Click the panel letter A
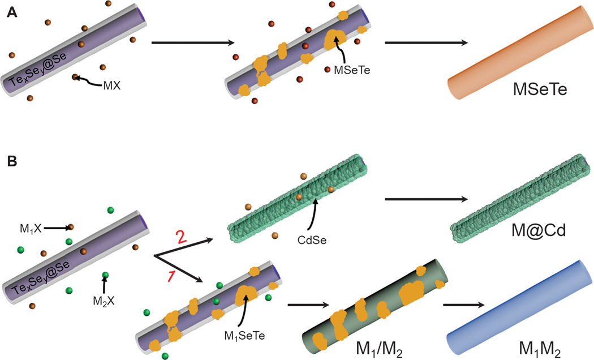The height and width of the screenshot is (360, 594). [12, 13]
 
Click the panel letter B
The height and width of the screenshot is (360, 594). [12, 161]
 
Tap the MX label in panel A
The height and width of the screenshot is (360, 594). [112, 86]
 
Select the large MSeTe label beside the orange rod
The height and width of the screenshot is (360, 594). [540, 89]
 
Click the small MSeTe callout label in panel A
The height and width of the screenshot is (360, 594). [352, 70]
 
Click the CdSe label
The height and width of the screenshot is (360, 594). [312, 240]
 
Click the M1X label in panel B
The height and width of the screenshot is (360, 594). [31, 229]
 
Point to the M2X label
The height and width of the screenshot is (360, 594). [104, 301]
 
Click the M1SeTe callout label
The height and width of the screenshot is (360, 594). [244, 335]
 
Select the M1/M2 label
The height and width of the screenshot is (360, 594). [379, 349]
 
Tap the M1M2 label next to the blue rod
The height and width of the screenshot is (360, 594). [540, 349]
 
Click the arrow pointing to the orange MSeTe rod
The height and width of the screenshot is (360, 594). [426, 42]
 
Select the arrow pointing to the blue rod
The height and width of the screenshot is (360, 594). [464, 305]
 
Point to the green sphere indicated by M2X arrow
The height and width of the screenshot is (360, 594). [105, 275]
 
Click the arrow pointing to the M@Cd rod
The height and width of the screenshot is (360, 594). [426, 199]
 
